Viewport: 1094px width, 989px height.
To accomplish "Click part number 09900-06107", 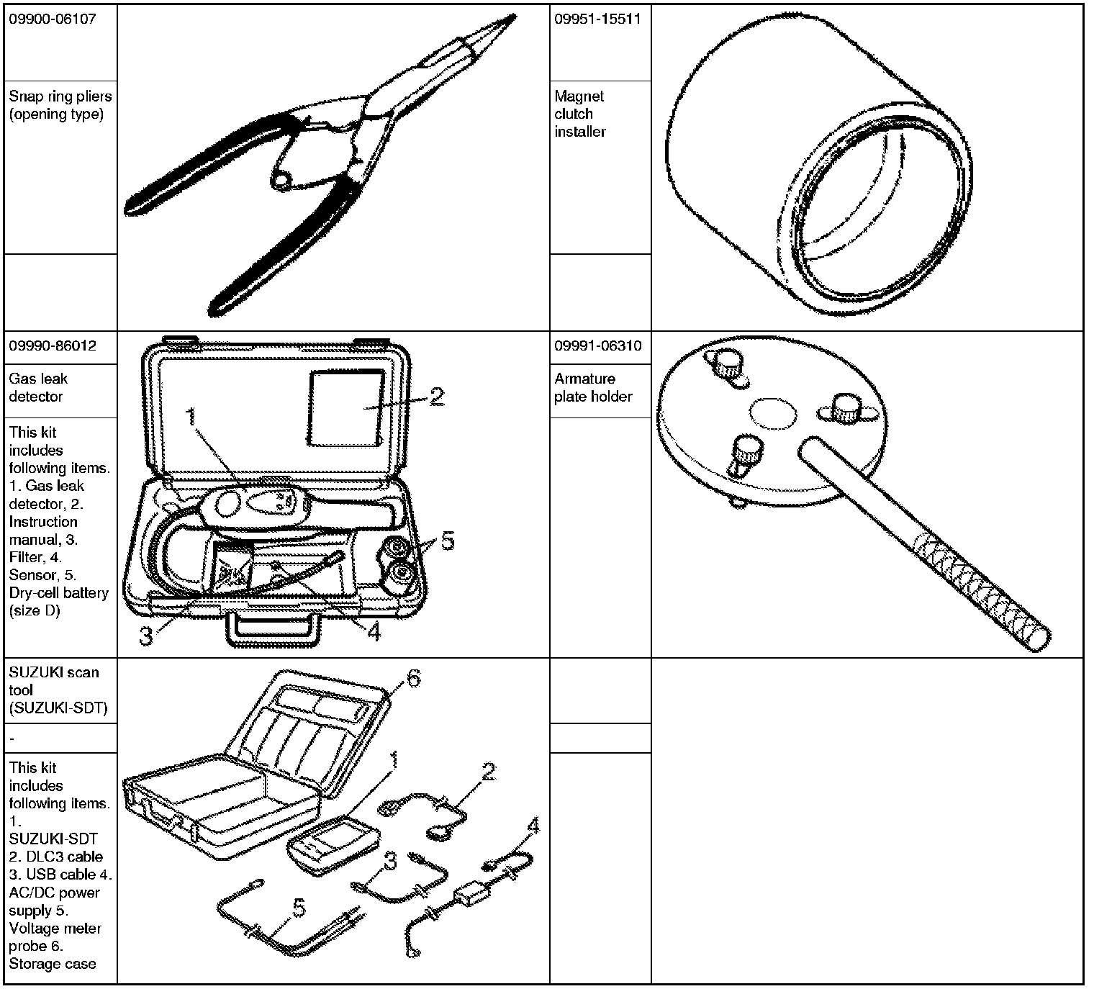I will click(x=52, y=19).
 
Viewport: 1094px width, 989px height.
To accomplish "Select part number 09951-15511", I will click(x=597, y=19).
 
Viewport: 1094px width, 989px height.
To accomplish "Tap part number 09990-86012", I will click(x=52, y=346).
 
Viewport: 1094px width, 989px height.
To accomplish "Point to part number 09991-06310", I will click(x=597, y=346).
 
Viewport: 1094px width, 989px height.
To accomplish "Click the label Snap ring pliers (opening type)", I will click(x=60, y=105).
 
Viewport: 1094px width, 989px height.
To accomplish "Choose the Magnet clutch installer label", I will click(x=580, y=114).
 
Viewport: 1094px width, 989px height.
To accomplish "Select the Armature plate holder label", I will click(x=593, y=387).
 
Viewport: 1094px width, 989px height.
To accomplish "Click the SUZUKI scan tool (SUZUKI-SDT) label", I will click(x=58, y=690).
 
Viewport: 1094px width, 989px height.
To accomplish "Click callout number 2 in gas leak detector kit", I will click(x=436, y=397).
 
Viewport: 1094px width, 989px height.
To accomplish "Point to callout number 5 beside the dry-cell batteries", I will click(x=448, y=541).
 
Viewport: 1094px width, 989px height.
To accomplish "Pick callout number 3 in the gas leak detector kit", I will click(x=146, y=636).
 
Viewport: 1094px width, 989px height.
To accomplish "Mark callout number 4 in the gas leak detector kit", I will click(x=374, y=632).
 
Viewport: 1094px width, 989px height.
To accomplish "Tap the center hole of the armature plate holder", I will click(x=773, y=415).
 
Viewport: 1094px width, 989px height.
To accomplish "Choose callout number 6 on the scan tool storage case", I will click(x=414, y=678).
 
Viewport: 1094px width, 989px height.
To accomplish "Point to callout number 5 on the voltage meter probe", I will click(x=298, y=908).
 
